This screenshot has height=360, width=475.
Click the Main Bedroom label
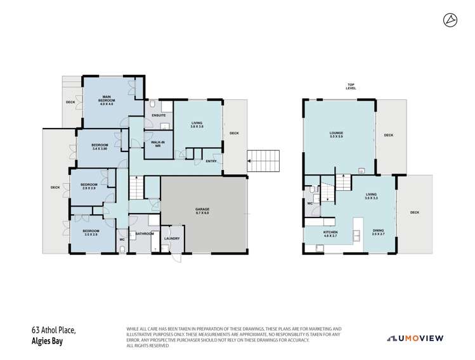tap(107, 100)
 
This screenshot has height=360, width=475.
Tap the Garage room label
tap(202, 210)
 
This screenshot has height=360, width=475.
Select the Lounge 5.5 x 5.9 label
tap(336, 134)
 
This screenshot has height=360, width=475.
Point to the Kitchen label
tap(330, 234)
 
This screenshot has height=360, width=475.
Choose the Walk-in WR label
tap(154, 145)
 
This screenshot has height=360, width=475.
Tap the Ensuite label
tap(159, 115)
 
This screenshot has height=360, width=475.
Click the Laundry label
tap(172, 238)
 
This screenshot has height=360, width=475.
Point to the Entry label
tap(211, 161)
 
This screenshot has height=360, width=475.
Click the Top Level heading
tap(351, 86)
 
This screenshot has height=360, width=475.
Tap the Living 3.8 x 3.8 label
tap(197, 126)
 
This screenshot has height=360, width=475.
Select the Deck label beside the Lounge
tap(388, 135)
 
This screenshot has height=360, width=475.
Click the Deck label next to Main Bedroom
tap(70, 102)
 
